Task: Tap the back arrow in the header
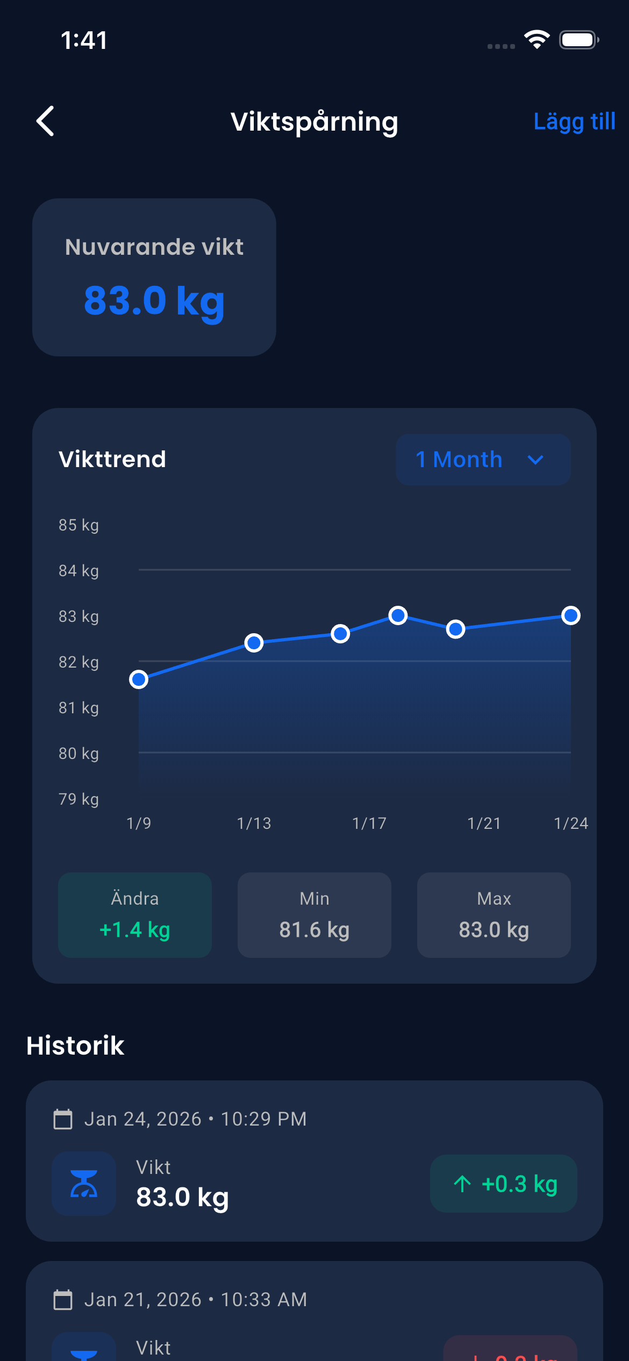[x=46, y=121]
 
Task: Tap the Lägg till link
[x=574, y=121]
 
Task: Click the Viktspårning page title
[x=314, y=122]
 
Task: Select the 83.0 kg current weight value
[x=154, y=300]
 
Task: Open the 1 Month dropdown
[x=483, y=460]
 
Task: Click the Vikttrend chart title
[x=112, y=460]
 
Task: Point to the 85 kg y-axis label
[x=78, y=525]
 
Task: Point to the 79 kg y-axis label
[x=78, y=799]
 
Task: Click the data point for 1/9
[x=139, y=679]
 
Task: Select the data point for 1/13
[x=254, y=642]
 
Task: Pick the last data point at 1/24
[x=570, y=615]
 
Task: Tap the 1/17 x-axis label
[x=369, y=823]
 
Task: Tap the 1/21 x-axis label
[x=484, y=823]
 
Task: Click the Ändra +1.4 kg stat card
[x=135, y=915]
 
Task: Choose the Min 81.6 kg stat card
[x=314, y=915]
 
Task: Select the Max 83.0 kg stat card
[x=494, y=915]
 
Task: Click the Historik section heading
[x=75, y=1045]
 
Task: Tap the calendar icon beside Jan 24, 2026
[x=63, y=1119]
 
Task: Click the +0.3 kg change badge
[x=503, y=1184]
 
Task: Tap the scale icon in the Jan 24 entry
[x=84, y=1184]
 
